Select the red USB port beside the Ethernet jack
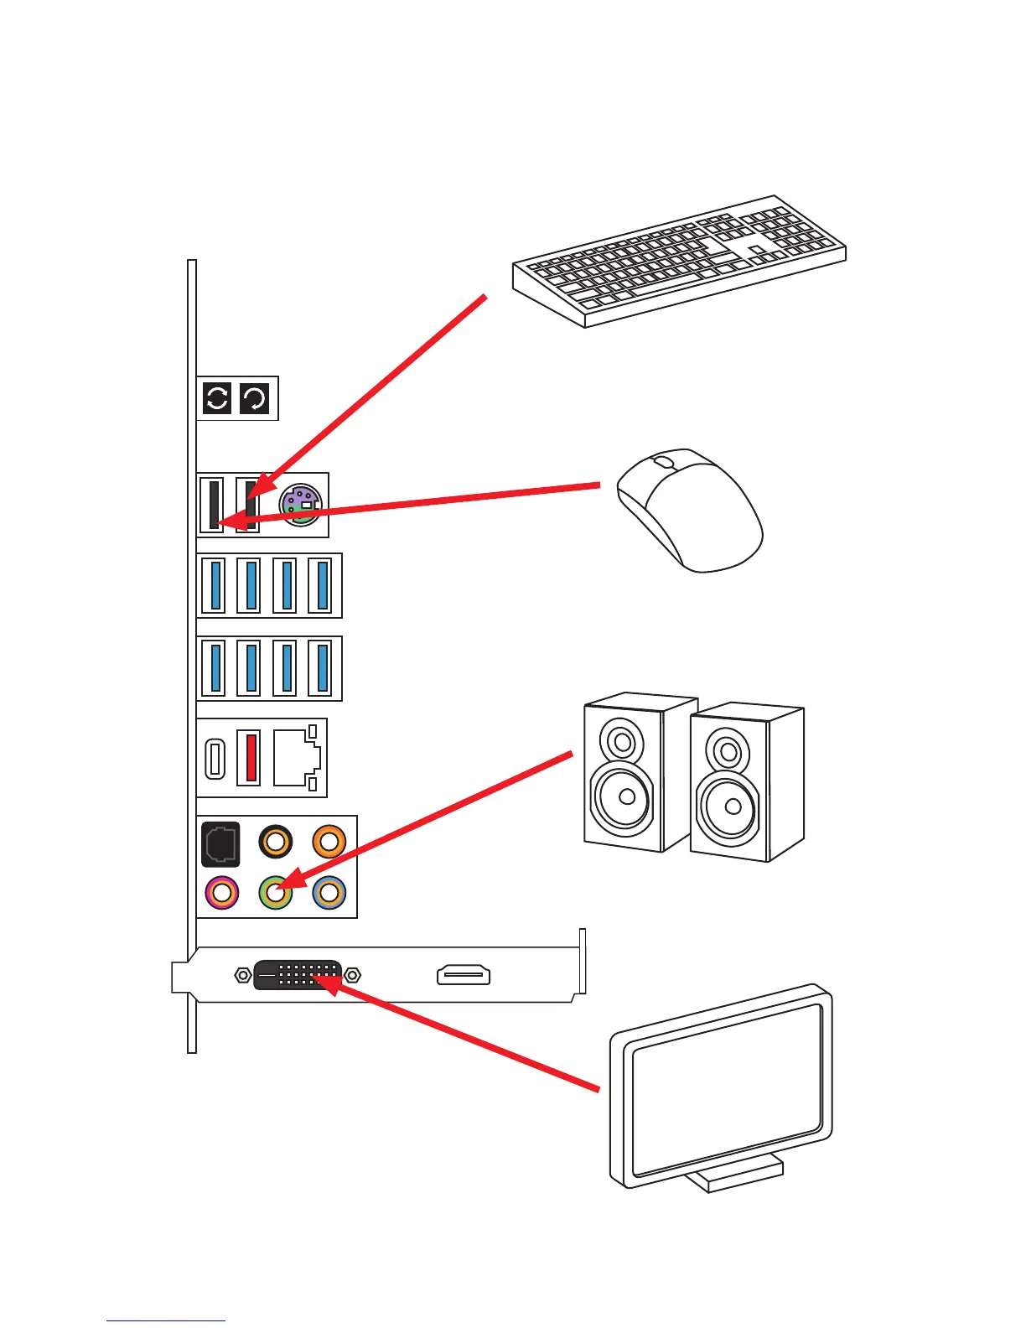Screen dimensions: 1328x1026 tap(249, 757)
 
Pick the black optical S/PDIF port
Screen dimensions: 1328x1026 tap(220, 843)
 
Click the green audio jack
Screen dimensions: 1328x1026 tap(275, 892)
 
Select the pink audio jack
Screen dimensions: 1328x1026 tap(221, 892)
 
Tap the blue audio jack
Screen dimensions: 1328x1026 tap(329, 892)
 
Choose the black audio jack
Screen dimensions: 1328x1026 tap(275, 841)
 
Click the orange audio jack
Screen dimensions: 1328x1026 tap(329, 841)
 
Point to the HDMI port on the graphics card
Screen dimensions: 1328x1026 tap(464, 975)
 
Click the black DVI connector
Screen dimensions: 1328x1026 tap(298, 975)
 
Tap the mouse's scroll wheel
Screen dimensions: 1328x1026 tap(663, 462)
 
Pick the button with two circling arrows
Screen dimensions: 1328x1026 tap(217, 398)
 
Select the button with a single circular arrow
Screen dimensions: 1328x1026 tap(255, 398)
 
